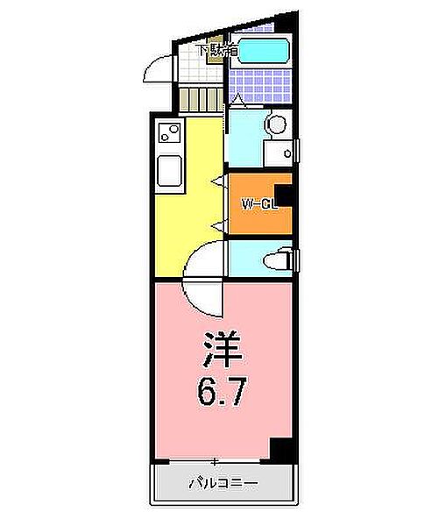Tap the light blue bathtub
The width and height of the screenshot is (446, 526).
265,51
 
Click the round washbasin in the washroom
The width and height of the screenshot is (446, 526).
277,124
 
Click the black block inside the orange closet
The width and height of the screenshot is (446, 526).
283,195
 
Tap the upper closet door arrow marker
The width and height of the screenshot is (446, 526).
216,181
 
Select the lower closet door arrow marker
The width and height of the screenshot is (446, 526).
216,227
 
